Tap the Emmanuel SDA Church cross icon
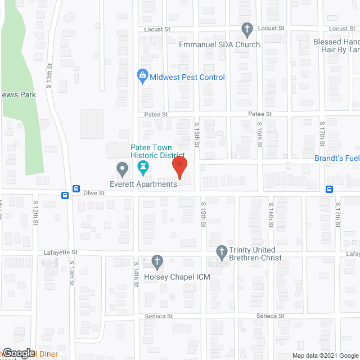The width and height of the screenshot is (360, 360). click(x=246, y=29)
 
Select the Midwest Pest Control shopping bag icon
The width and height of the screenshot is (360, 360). click(x=143, y=74)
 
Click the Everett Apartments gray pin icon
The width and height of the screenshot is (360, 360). click(x=121, y=168)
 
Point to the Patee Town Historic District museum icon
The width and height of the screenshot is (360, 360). click(x=142, y=168)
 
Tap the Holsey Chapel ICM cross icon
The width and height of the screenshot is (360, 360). click(x=157, y=262)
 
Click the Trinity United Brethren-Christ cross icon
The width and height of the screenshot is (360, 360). click(x=222, y=250)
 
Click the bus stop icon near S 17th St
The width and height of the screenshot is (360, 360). click(x=330, y=189)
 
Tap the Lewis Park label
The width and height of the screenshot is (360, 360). click(x=19, y=94)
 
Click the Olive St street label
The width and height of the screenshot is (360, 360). click(x=94, y=193)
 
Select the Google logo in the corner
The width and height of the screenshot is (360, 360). click(x=18, y=353)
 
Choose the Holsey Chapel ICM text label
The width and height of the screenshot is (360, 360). click(x=177, y=277)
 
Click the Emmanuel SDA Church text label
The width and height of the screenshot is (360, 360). click(x=219, y=44)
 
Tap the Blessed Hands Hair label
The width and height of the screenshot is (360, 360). click(x=336, y=46)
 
